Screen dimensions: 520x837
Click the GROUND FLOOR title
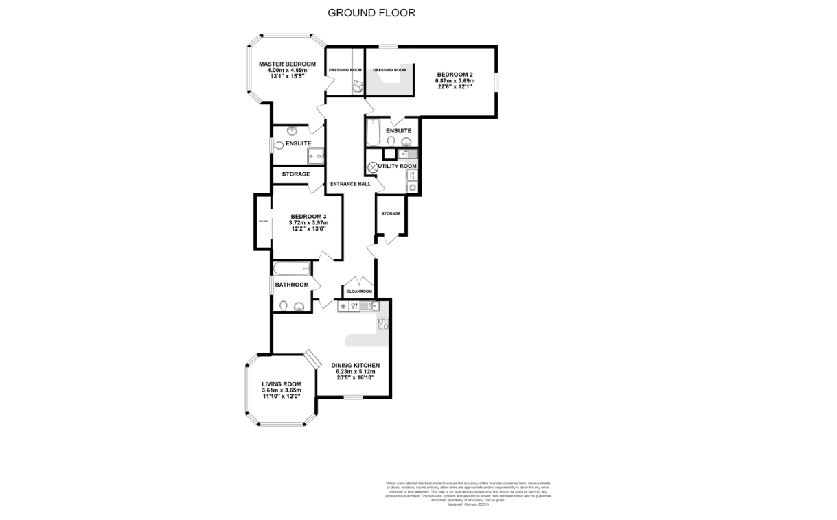[x=371, y=12]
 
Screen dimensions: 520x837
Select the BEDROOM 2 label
[x=455, y=74]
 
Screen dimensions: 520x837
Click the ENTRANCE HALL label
[x=350, y=184]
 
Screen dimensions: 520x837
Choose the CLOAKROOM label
[x=359, y=292]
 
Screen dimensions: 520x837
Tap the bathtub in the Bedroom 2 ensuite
[x=372, y=132]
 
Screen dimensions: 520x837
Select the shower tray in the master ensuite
[x=316, y=156]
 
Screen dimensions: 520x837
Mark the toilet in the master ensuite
[x=279, y=145]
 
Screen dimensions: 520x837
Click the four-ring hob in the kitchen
[x=382, y=323]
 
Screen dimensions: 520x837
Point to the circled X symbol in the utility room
[x=374, y=167]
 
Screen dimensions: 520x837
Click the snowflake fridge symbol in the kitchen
[x=343, y=307]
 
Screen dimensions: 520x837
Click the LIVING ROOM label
[x=282, y=384]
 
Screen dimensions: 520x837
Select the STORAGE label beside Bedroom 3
[x=296, y=174]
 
